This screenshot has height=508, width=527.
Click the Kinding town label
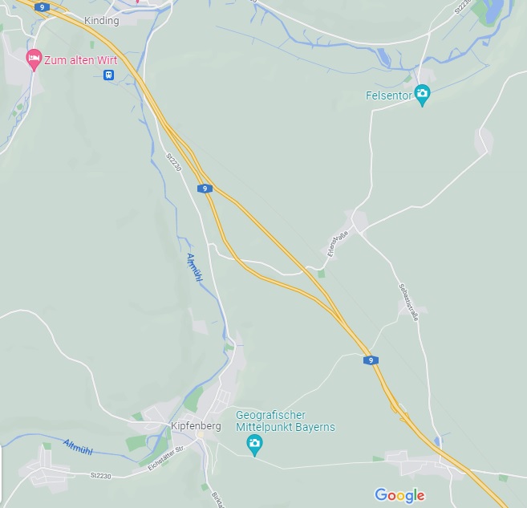[101, 21]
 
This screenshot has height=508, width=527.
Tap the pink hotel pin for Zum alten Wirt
[34, 59]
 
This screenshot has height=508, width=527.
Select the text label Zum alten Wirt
[80, 60]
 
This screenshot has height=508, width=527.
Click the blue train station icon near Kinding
[108, 75]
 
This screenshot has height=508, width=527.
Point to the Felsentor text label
[388, 96]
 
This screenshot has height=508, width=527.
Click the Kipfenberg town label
[196, 426]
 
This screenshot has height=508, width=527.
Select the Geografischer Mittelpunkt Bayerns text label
[285, 421]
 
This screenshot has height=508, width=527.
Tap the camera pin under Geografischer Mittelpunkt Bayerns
[254, 444]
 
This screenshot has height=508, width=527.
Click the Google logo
[399, 494]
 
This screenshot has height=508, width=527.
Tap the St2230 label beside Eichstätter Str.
[101, 476]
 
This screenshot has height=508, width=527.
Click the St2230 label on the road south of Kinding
[173, 162]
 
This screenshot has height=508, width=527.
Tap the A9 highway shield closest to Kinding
[41, 6]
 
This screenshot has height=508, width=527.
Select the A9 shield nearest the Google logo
[371, 360]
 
